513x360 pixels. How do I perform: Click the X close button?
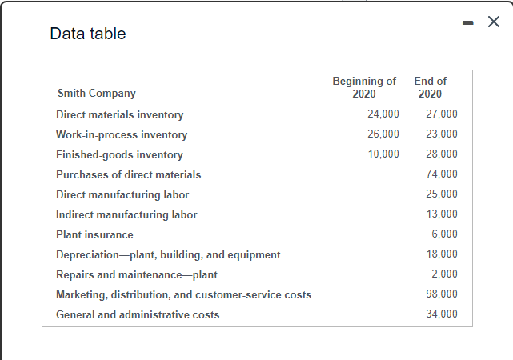[494, 22]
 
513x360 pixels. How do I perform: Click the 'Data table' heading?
[87, 34]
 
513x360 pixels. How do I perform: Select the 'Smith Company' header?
[96, 94]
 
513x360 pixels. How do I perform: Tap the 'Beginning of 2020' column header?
[364, 87]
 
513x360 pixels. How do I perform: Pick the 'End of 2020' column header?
[431, 87]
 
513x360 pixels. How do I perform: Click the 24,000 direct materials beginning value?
[383, 114]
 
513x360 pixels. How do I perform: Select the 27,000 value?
[443, 114]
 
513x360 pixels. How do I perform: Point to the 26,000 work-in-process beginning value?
[383, 134]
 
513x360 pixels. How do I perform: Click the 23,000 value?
[443, 134]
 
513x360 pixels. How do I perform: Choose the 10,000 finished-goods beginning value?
[383, 154]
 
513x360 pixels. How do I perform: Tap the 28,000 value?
[443, 154]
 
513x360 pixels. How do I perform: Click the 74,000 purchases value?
[443, 174]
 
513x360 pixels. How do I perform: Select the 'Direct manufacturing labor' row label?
[122, 194]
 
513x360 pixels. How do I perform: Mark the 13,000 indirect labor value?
[443, 214]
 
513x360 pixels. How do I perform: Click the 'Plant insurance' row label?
[94, 234]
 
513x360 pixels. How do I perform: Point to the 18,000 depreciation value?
[443, 254]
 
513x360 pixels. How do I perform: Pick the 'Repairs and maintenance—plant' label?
[137, 274]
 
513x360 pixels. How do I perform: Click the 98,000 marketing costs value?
[443, 294]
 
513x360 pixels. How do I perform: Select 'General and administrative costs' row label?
[138, 314]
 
